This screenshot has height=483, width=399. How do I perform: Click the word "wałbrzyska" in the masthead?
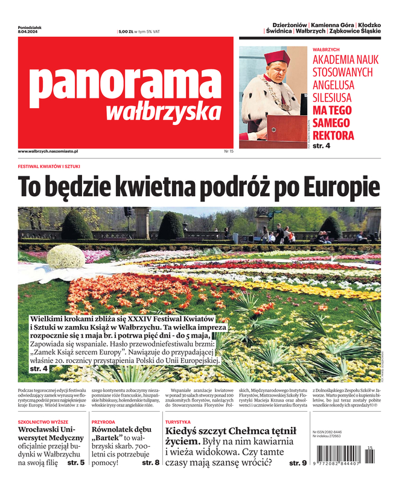coord(163,112)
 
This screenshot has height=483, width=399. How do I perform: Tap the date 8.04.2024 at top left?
coord(28,31)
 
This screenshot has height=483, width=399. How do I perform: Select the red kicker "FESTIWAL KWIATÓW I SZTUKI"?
coord(49,166)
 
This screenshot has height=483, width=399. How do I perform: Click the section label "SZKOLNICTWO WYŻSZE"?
coord(43,422)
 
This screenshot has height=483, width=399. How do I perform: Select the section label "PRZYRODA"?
coord(103,422)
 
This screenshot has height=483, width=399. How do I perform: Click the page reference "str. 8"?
coord(150,462)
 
